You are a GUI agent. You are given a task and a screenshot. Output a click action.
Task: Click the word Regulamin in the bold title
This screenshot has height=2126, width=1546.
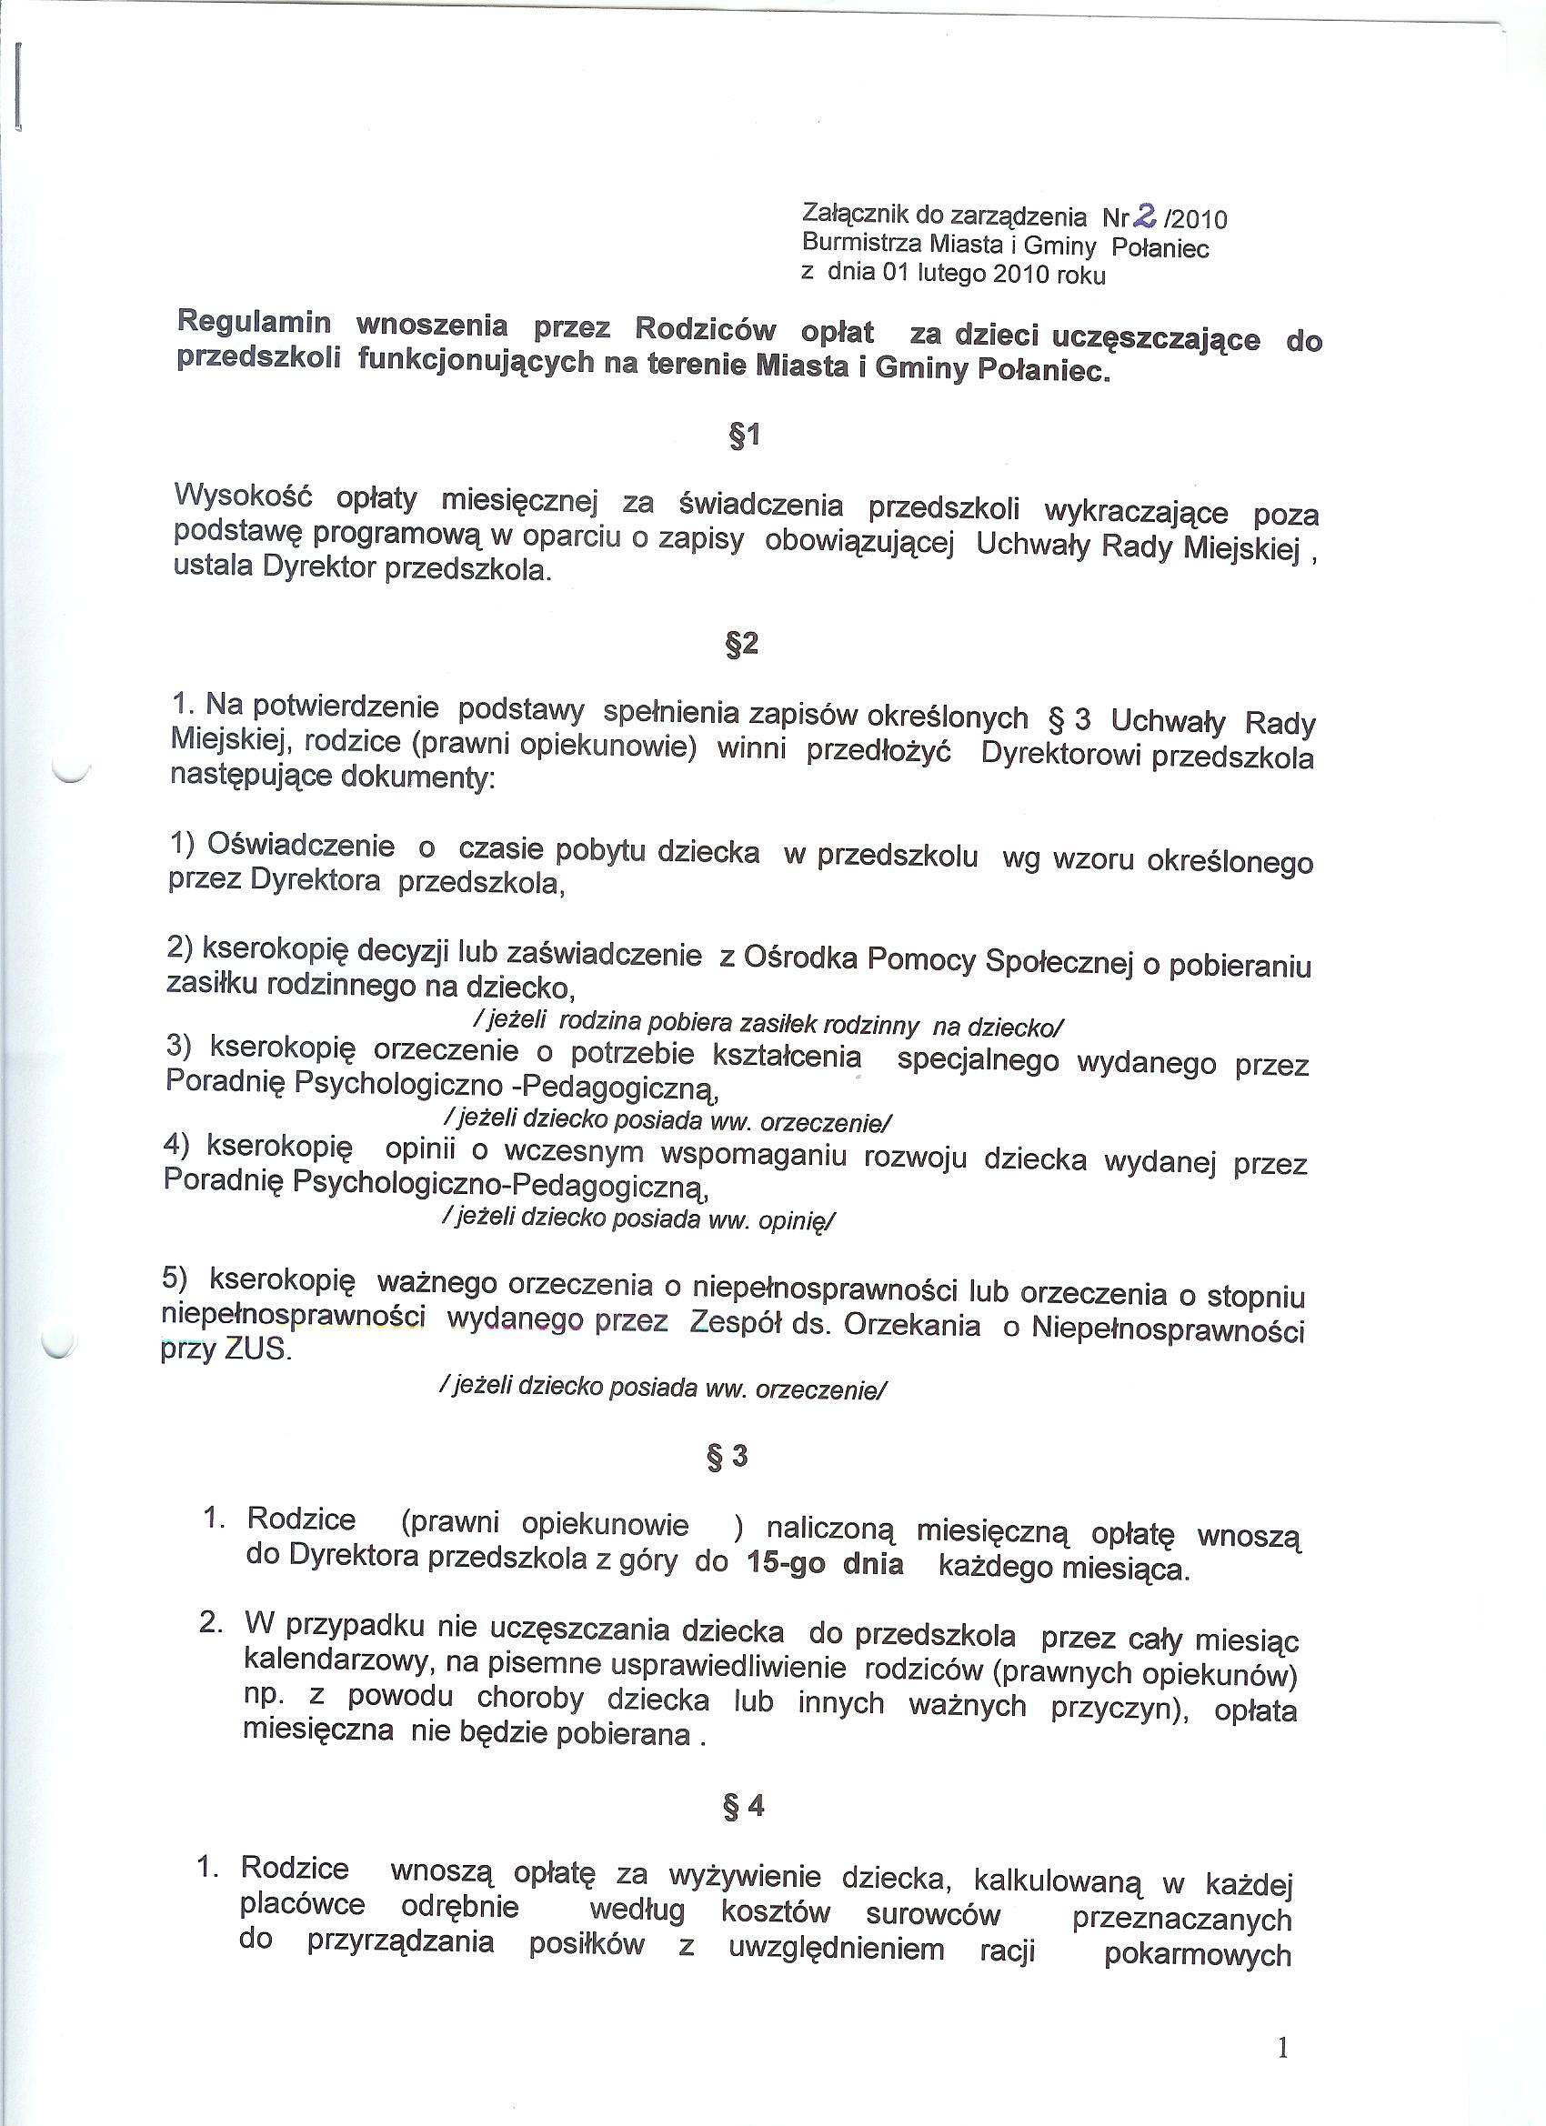coord(254,323)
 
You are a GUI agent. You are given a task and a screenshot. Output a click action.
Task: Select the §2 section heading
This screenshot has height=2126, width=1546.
coord(741,645)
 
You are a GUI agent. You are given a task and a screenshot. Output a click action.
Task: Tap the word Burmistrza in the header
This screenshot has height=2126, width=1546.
coord(861,244)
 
